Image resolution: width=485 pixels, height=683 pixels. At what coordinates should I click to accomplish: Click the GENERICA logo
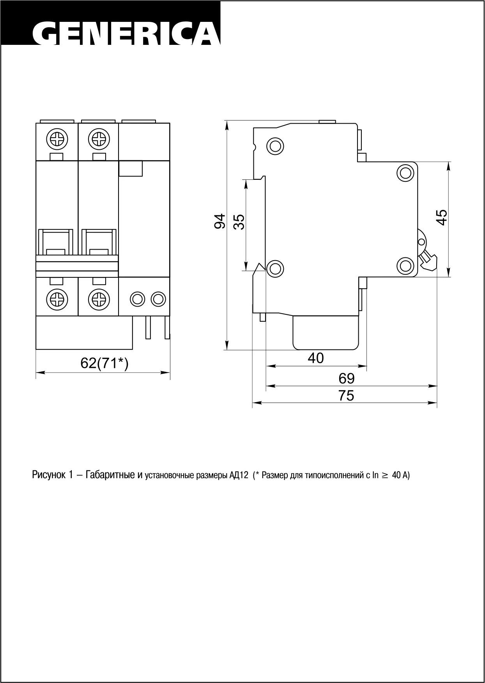(x=126, y=34)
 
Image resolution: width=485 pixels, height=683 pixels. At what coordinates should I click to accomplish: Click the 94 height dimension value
(x=220, y=221)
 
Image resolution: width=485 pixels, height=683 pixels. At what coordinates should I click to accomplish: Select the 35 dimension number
(x=239, y=222)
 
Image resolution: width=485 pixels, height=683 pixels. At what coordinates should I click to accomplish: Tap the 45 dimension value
(x=442, y=217)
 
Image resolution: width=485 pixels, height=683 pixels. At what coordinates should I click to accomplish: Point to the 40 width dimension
(x=315, y=358)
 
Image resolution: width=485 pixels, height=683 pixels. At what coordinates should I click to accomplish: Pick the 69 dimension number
(x=346, y=378)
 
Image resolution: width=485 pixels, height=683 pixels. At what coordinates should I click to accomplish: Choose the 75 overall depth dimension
(x=346, y=395)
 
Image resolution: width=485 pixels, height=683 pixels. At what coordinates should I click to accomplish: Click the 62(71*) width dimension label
(x=104, y=363)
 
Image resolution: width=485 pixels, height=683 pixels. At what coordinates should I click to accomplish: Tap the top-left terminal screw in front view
(x=57, y=139)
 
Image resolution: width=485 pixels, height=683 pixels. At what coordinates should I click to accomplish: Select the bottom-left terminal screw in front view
(x=57, y=299)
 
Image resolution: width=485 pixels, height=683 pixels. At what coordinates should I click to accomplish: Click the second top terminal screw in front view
(x=98, y=139)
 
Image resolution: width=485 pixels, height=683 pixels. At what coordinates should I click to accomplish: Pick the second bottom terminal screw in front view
(x=98, y=299)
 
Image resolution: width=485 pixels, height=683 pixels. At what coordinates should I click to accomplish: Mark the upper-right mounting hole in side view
(x=405, y=172)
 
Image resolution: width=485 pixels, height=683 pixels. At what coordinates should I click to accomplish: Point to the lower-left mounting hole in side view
(x=275, y=268)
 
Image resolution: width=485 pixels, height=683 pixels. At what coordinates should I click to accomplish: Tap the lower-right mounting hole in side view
(x=405, y=266)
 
